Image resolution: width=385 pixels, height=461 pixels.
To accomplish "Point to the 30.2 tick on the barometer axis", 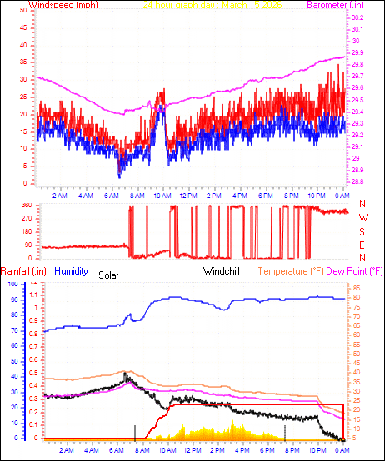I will pos(357,17).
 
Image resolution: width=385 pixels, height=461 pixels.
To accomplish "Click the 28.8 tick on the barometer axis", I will pos(357,182).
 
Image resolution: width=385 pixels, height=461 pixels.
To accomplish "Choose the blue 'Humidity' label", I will pos(72,270).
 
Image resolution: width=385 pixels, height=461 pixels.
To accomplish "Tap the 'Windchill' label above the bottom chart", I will pos(222,271).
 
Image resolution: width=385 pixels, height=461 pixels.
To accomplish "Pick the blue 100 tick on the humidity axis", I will pos(12,284).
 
